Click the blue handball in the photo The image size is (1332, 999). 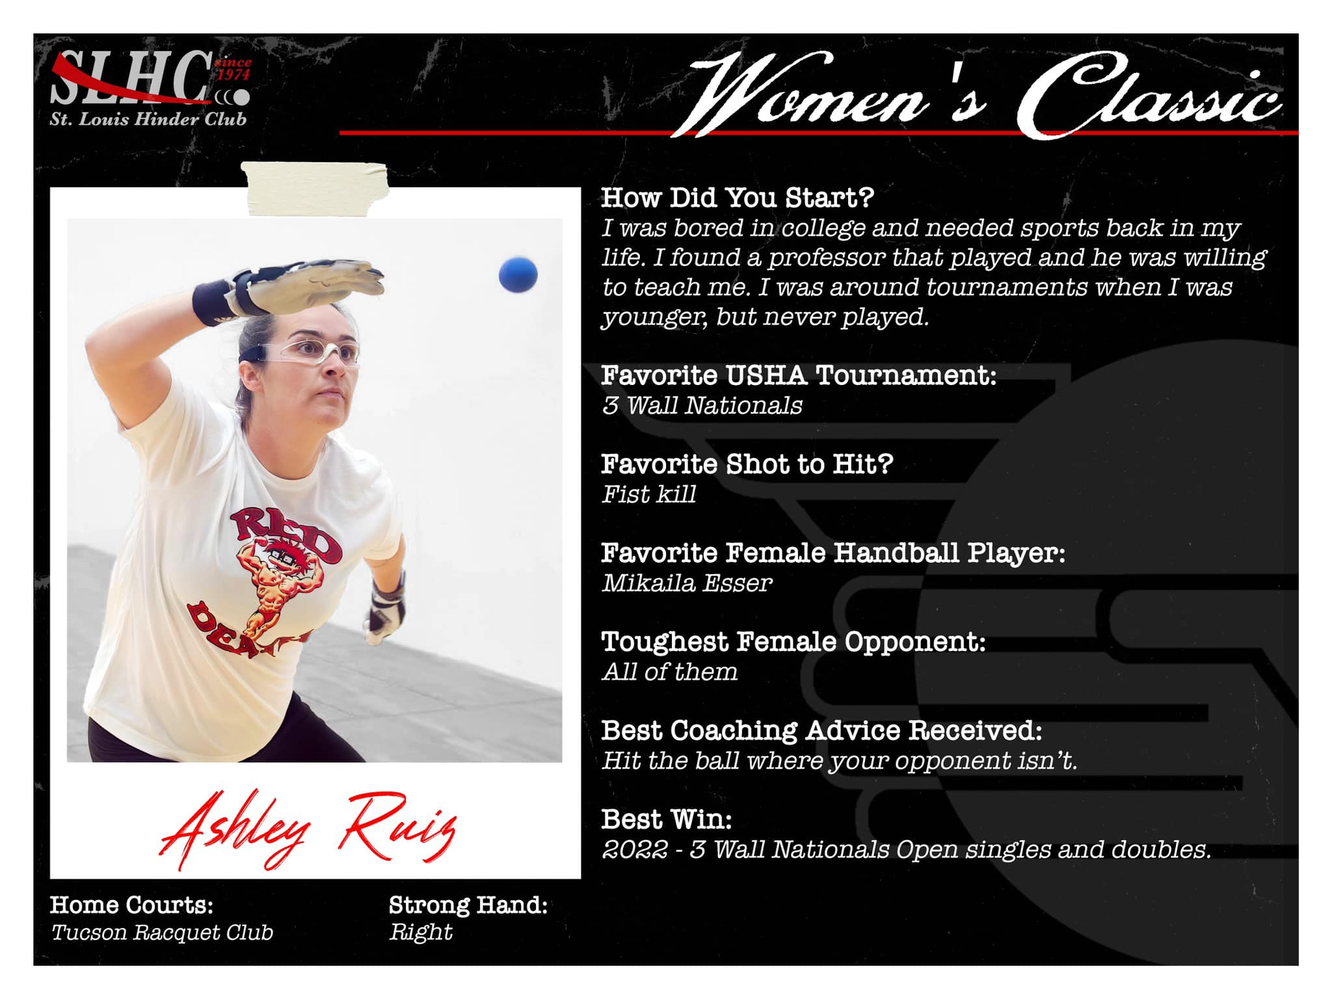tap(518, 275)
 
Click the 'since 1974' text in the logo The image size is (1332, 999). tap(233, 68)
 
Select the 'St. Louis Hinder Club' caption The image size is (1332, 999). tap(148, 119)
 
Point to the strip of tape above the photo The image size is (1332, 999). tap(315, 188)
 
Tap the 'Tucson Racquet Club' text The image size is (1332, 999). tap(162, 933)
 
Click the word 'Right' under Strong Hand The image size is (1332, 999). tap(420, 933)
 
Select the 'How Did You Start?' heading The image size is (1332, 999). tap(738, 198)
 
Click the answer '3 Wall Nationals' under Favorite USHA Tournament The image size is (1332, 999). tap(702, 405)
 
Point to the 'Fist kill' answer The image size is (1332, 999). tap(649, 494)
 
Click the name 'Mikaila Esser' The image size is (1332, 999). tap(687, 583)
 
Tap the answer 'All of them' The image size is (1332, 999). tap(670, 672)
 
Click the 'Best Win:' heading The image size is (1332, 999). tap(667, 819)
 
